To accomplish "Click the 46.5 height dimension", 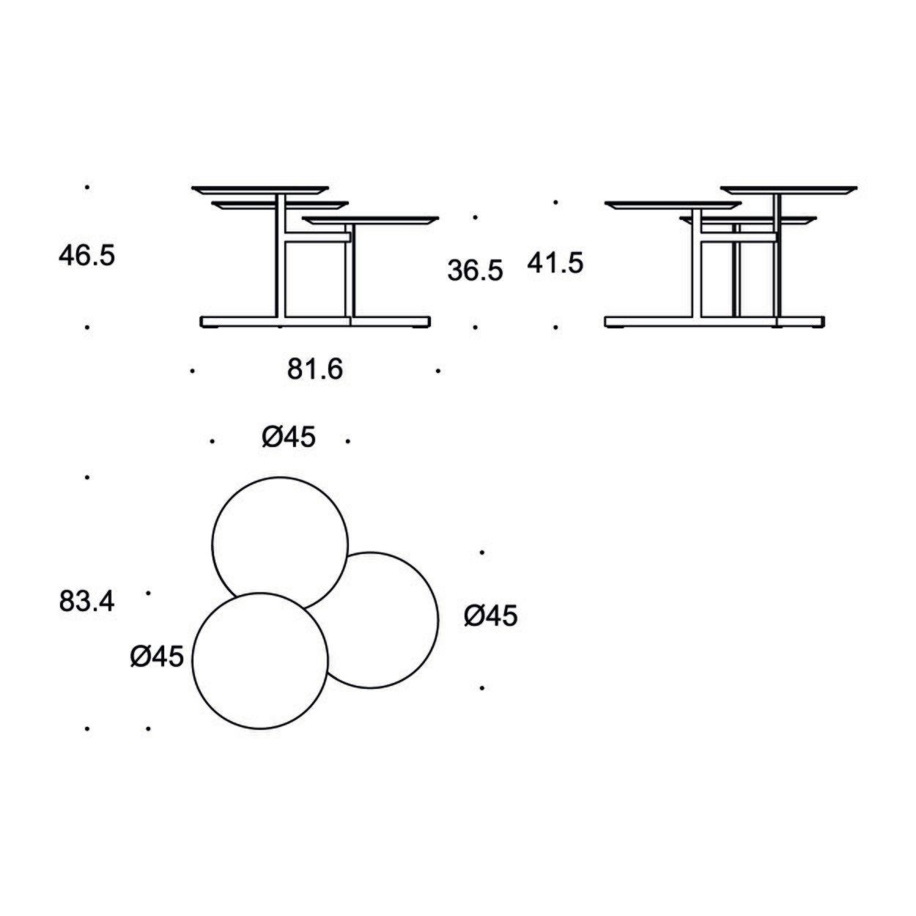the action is tap(86, 256).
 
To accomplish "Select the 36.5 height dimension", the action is tap(475, 271).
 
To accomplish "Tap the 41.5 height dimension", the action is tap(555, 263).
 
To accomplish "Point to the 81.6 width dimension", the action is tap(314, 369).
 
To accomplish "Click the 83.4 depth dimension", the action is tap(86, 602).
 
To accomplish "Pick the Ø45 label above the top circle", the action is tap(289, 437).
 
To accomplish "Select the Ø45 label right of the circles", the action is tap(490, 616).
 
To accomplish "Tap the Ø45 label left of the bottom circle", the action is tap(157, 657).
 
